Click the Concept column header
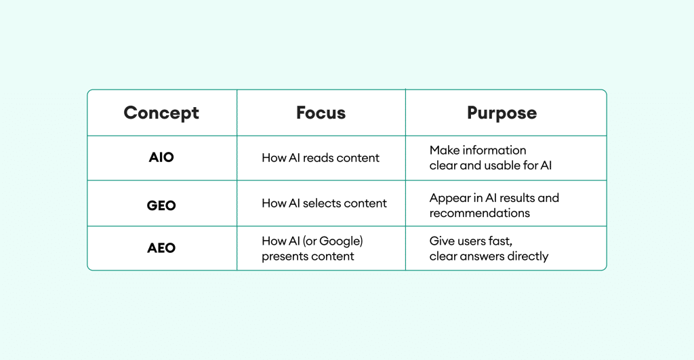161,113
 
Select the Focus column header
321,113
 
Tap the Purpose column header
502,113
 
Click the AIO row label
161,157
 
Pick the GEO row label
161,205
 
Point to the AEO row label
161,247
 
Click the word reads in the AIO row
318,158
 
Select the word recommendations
479,213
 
